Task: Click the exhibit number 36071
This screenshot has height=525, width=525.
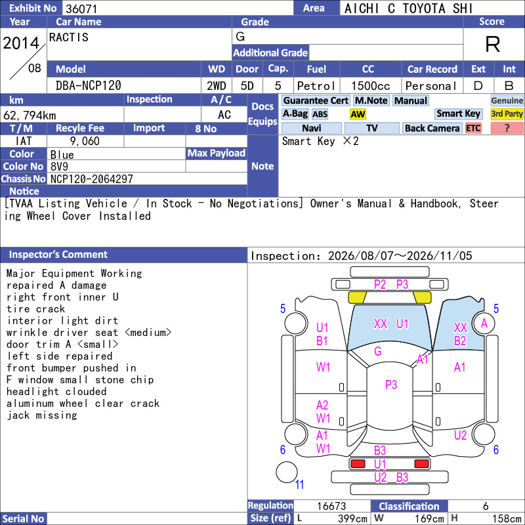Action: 81,9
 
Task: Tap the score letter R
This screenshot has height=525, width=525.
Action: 493,44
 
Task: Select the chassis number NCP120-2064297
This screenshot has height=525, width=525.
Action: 92,179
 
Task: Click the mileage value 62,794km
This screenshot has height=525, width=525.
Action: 30,115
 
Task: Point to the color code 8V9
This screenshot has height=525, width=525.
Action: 59,167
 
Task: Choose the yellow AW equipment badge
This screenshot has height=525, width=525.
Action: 358,114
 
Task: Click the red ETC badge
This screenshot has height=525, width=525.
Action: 473,128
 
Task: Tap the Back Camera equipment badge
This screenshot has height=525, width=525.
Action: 432,128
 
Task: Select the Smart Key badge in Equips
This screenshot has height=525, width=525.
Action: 458,114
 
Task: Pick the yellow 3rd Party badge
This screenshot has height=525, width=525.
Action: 507,114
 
